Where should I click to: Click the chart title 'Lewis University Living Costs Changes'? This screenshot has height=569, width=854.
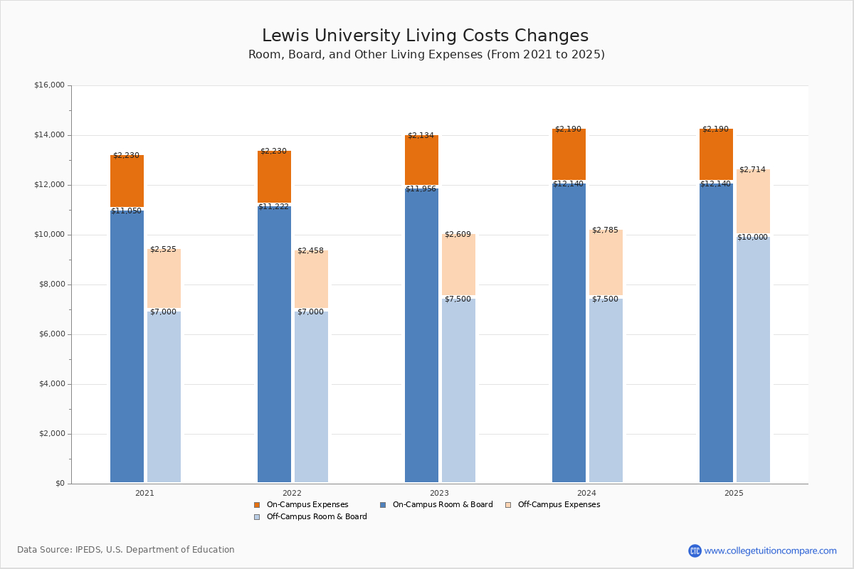(x=425, y=36)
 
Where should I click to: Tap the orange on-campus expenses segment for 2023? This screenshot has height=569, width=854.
(x=421, y=160)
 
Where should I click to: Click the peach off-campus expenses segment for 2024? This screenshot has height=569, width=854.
(x=606, y=262)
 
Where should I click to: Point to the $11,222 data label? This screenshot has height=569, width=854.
(x=273, y=207)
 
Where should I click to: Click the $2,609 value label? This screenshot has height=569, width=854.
(x=458, y=235)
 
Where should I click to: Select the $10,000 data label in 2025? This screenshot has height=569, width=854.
(x=752, y=238)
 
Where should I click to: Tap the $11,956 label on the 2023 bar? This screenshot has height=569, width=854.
(x=421, y=189)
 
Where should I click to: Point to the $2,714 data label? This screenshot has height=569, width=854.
(x=752, y=170)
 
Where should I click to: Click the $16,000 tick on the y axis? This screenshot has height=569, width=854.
(x=49, y=85)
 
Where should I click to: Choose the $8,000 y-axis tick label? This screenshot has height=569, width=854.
(x=51, y=284)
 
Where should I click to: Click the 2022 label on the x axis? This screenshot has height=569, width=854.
(x=292, y=493)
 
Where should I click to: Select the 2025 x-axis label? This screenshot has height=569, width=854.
(x=734, y=493)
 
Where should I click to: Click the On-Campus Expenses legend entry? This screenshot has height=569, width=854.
(x=307, y=505)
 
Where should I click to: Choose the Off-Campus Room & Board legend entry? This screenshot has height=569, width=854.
(x=316, y=517)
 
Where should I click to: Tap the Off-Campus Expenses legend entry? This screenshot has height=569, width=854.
(x=558, y=505)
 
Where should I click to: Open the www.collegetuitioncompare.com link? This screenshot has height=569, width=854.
(x=770, y=551)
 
